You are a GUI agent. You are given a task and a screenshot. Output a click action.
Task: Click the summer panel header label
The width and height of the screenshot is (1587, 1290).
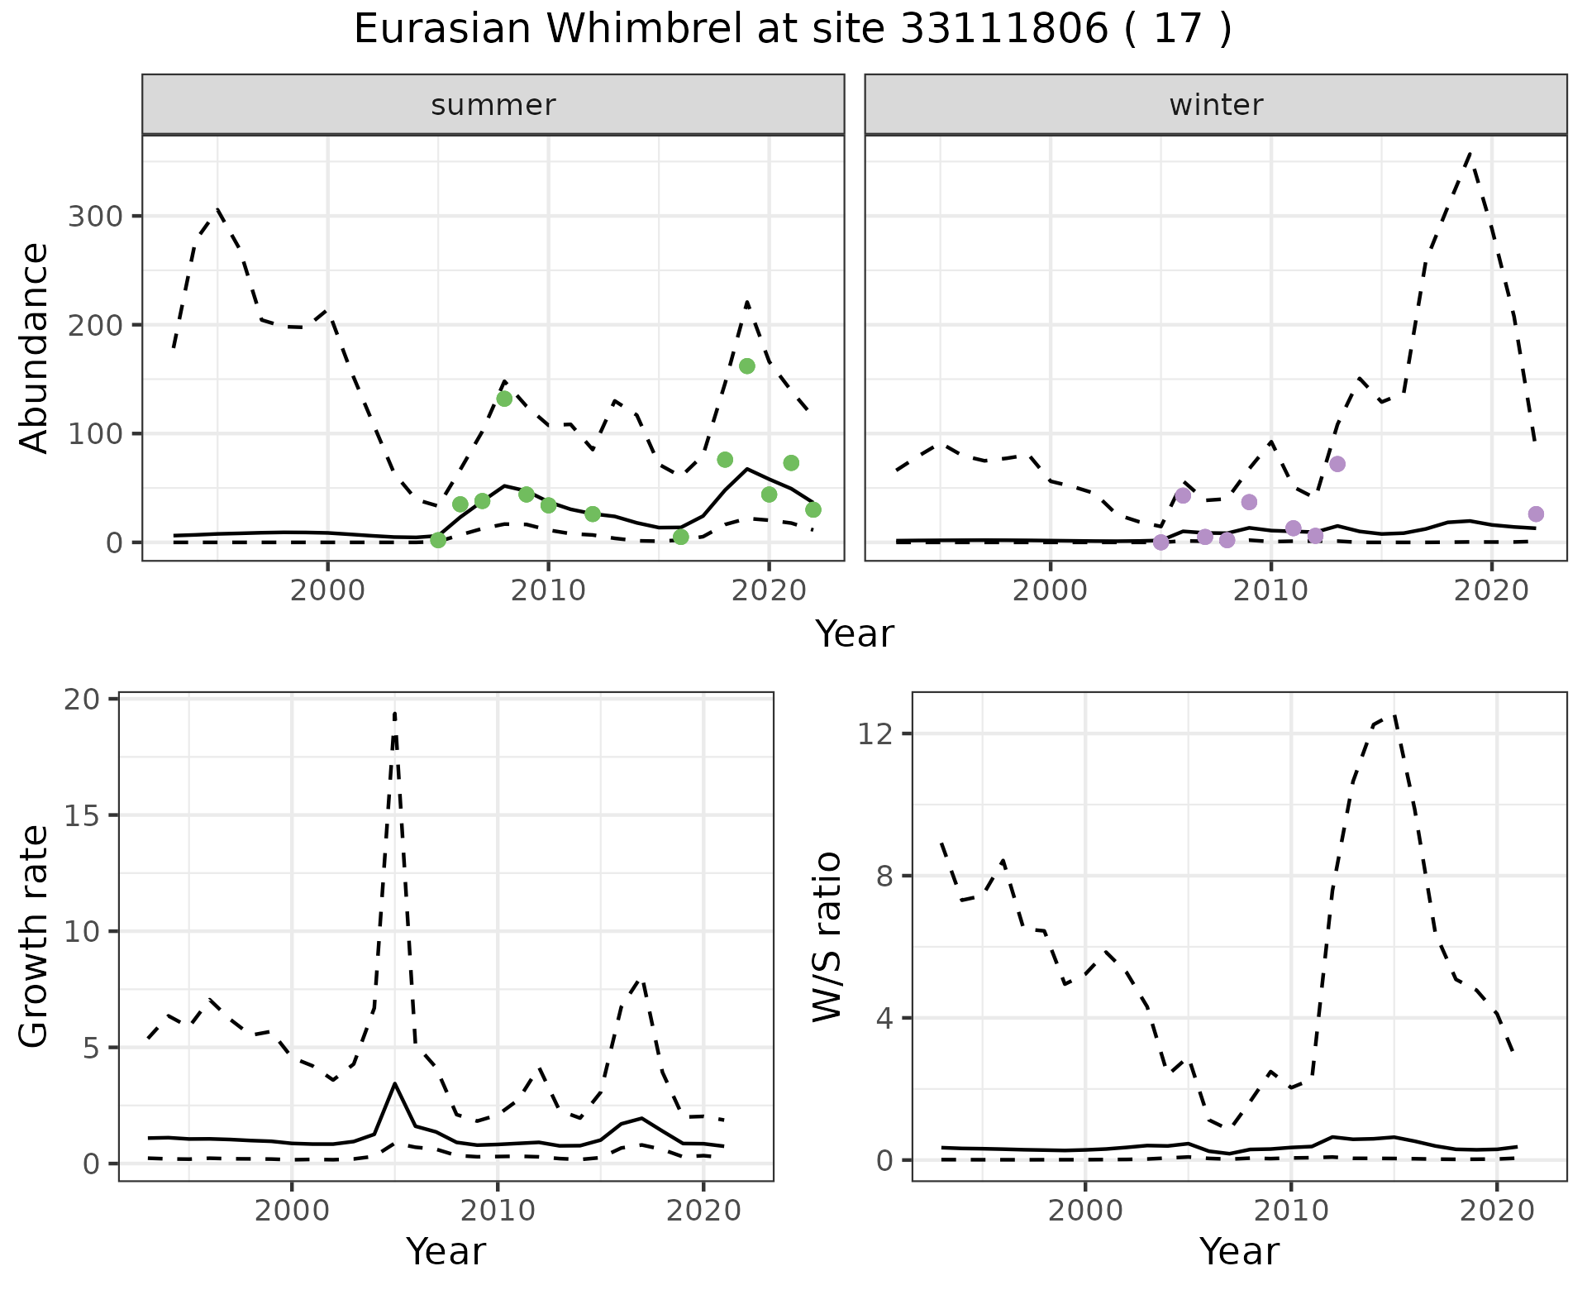pyautogui.click(x=493, y=105)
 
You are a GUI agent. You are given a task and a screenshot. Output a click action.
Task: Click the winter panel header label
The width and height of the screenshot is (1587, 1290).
pyautogui.click(x=1215, y=105)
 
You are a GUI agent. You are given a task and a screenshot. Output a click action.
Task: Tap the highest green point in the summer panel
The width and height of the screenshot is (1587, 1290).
pyautogui.click(x=746, y=366)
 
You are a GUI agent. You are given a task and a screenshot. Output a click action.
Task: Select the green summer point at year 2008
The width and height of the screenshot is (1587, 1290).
pyautogui.click(x=504, y=399)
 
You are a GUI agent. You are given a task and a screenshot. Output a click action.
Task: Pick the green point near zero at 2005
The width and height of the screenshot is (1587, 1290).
pyautogui.click(x=438, y=540)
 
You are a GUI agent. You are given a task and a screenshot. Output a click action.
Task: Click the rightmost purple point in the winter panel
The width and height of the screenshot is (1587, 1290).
pyautogui.click(x=1536, y=514)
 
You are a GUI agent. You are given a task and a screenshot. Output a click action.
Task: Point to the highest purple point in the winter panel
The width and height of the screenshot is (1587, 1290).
pyautogui.click(x=1337, y=464)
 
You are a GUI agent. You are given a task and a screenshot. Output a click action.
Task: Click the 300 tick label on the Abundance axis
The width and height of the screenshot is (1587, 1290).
pyautogui.click(x=94, y=217)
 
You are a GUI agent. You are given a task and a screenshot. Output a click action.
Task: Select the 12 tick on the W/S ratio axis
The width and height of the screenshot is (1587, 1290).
pyautogui.click(x=874, y=734)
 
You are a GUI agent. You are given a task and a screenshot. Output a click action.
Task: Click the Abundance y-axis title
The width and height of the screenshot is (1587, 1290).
pyautogui.click(x=35, y=347)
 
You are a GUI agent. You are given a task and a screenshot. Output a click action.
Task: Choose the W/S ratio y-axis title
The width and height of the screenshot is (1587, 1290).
pyautogui.click(x=827, y=936)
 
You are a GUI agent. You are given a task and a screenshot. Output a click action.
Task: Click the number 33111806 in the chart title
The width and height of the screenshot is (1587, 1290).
pyautogui.click(x=1003, y=30)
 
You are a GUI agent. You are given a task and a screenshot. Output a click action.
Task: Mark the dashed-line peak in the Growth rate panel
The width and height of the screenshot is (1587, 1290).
pyautogui.click(x=395, y=713)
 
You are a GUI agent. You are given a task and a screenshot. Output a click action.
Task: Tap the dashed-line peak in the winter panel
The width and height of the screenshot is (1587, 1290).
pyautogui.click(x=1469, y=153)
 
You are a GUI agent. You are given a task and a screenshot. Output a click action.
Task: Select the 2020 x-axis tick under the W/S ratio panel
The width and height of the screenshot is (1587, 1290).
pyautogui.click(x=1497, y=1211)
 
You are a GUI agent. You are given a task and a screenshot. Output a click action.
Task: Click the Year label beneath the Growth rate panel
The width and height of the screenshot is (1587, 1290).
pyautogui.click(x=446, y=1252)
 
